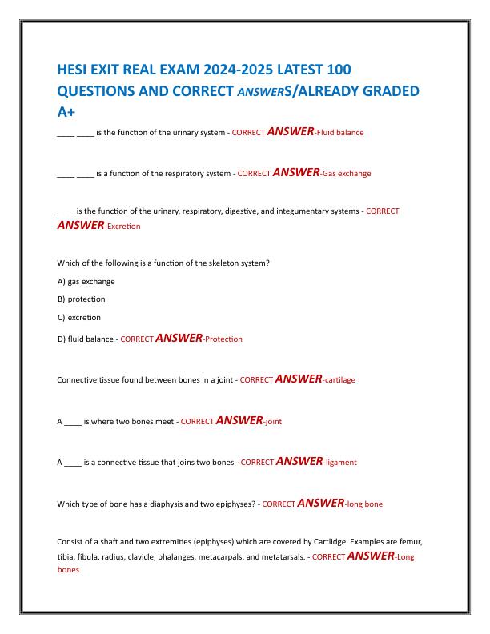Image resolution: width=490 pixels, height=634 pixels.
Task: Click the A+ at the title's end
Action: [66, 110]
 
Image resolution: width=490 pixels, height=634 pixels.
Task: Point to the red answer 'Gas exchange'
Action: [347, 173]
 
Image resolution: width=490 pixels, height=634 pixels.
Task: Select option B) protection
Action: [86, 299]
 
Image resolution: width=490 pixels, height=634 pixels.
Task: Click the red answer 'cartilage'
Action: [339, 380]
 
